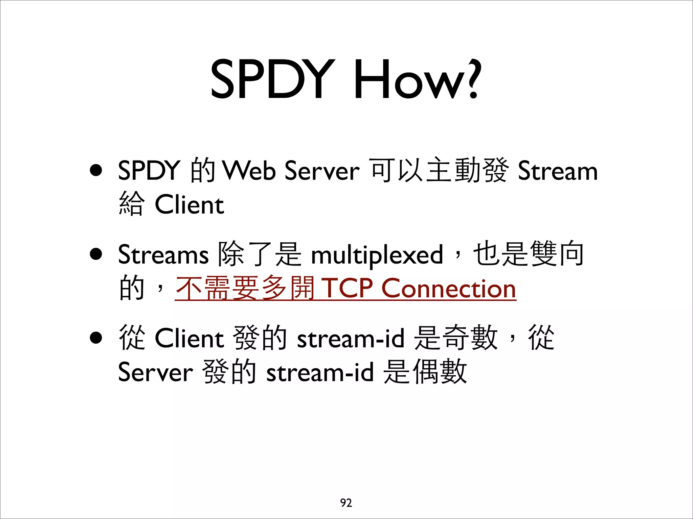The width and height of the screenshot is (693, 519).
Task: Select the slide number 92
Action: (346, 503)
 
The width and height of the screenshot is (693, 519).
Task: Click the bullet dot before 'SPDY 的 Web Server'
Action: (96, 170)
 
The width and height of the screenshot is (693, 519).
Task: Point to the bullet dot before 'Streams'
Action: (96, 254)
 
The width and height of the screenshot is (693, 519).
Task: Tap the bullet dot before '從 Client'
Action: (96, 338)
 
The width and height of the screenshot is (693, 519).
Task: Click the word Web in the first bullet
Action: (249, 170)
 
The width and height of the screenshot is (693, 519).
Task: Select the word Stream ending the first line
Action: (558, 171)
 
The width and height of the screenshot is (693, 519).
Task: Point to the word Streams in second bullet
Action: (163, 254)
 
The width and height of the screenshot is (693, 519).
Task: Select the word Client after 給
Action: (189, 205)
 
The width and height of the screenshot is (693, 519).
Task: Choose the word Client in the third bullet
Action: (189, 338)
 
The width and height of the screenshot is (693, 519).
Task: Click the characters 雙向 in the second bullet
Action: (557, 254)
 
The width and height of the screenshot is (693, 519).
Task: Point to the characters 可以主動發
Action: (439, 170)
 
